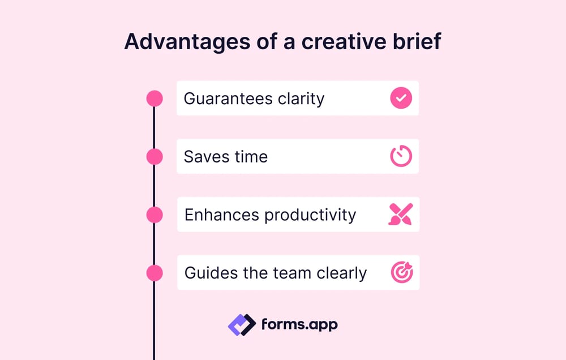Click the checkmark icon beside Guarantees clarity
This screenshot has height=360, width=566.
pyautogui.click(x=401, y=98)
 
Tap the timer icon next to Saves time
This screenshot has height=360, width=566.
pyautogui.click(x=401, y=156)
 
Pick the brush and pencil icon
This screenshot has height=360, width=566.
pyautogui.click(x=401, y=215)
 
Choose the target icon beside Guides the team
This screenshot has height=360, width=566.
pyautogui.click(x=402, y=273)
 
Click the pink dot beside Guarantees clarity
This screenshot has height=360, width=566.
pyautogui.click(x=155, y=98)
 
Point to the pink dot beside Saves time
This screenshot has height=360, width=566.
pyautogui.click(x=155, y=156)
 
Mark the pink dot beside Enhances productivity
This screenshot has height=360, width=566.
pyautogui.click(x=155, y=215)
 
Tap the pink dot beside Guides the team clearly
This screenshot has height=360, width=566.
pyautogui.click(x=155, y=273)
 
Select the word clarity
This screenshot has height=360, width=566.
pyautogui.click(x=301, y=99)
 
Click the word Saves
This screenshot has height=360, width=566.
pyautogui.click(x=204, y=156)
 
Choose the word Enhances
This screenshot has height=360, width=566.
pyautogui.click(x=222, y=215)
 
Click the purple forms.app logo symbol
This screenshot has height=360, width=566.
pyautogui.click(x=242, y=325)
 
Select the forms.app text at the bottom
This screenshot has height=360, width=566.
pyautogui.click(x=299, y=325)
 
